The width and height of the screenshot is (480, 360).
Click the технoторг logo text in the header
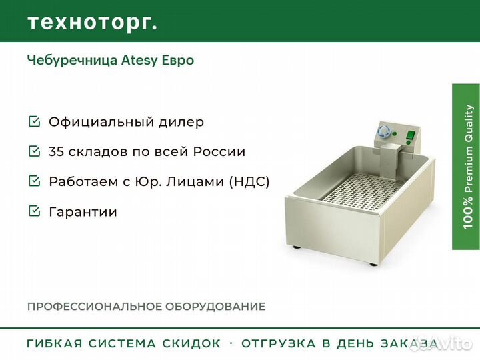coord(93,23)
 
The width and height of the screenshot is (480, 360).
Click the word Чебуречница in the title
coord(73,60)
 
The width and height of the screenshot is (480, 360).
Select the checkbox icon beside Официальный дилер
coord(34,121)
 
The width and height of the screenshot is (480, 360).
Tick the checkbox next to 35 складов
coord(34,151)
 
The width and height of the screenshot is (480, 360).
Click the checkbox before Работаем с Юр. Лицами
coord(34,181)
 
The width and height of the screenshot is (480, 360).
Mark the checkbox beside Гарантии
coord(34,211)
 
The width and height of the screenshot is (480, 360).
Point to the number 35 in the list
coord(56,152)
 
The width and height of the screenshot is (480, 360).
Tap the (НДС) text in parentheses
coord(249,181)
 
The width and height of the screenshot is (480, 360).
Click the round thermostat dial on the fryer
coord(383,131)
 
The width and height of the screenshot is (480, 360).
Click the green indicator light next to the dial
coord(395,133)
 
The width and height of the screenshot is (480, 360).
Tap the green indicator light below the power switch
coord(409,143)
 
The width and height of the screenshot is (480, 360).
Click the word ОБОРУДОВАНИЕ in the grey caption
coord(215,307)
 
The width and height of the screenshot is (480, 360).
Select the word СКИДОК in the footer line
coord(191,343)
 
